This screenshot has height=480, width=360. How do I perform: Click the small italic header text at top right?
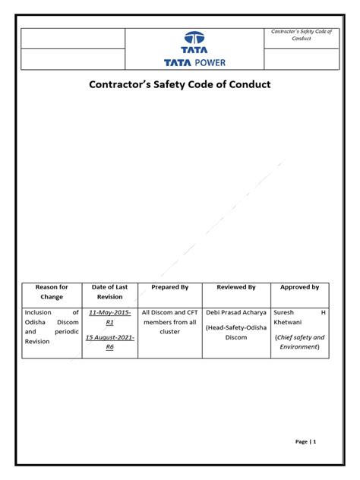[x=302, y=34]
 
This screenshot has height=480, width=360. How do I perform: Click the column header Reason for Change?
[x=52, y=292]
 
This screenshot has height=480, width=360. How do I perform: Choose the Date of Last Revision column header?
[x=109, y=292]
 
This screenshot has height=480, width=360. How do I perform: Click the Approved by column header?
[x=300, y=288]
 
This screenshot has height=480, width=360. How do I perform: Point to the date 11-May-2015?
[x=111, y=312]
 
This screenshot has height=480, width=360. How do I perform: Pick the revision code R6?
[x=111, y=346]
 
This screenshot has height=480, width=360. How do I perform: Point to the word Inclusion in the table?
[x=39, y=312]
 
